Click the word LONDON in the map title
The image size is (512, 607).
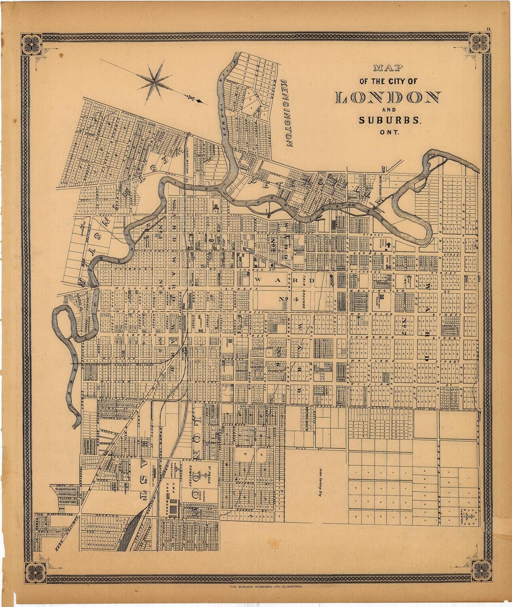tap(388, 97)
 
